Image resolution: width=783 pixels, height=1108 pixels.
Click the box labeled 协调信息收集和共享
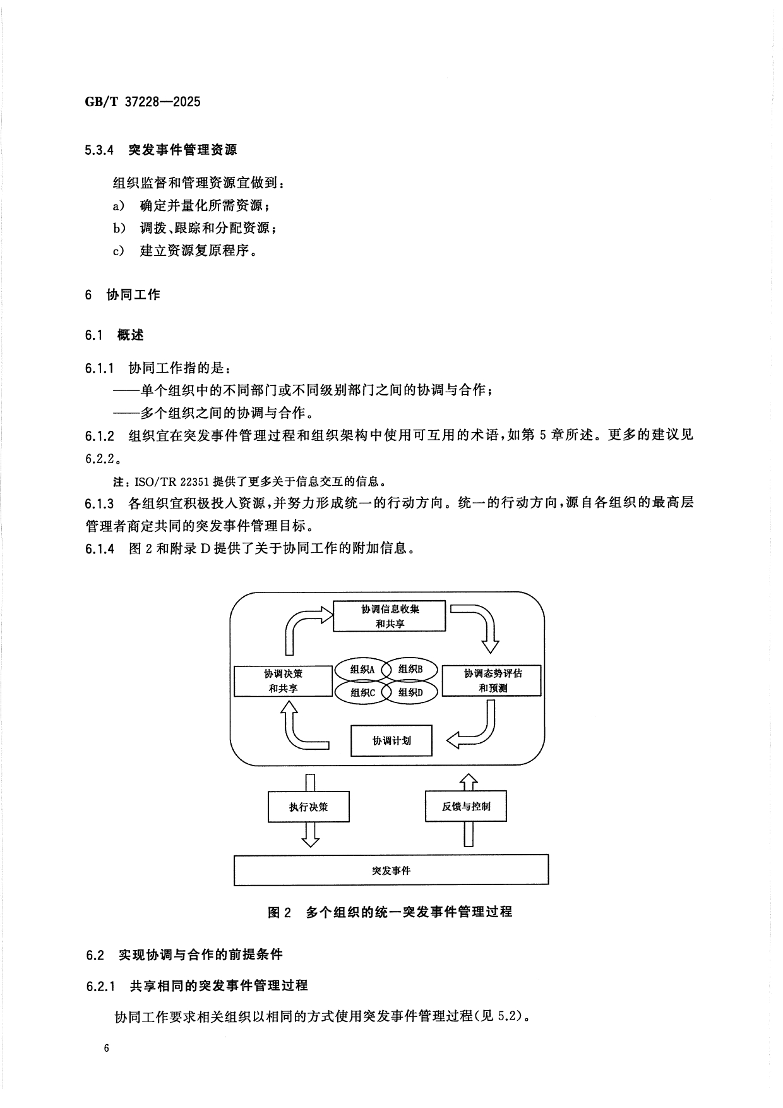point(389,616)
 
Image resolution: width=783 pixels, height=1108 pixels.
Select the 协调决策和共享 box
point(283,680)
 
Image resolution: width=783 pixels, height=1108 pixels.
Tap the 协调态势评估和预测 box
point(492,680)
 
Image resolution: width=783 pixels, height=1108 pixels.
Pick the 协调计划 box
point(391,740)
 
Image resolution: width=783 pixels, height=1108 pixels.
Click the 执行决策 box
point(308,807)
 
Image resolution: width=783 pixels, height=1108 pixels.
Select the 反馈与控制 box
point(466,806)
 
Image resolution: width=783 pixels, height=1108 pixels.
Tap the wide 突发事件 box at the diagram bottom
point(391,870)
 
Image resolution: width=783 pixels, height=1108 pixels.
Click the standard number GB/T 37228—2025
point(142,102)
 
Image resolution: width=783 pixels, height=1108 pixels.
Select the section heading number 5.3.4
point(99,150)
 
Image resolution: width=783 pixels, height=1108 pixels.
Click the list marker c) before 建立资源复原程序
point(118,251)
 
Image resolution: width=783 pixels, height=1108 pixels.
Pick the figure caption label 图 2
point(278,912)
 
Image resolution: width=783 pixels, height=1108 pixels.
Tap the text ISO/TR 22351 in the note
point(172,481)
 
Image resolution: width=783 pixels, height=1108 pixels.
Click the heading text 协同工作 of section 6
point(133,294)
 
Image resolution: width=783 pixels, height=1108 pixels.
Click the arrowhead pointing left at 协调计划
point(453,740)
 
